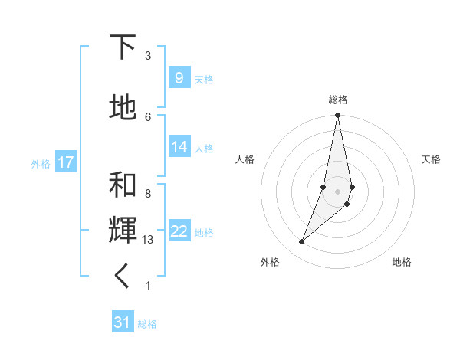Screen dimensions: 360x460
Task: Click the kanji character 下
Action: [123, 47]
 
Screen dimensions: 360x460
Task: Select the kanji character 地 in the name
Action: [123, 108]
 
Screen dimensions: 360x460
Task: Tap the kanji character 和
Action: [123, 185]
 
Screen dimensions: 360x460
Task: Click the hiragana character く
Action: [123, 277]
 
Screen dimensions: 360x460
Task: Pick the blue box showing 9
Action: [179, 78]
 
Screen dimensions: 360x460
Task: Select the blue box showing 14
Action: [179, 147]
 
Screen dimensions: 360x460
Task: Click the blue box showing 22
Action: [179, 231]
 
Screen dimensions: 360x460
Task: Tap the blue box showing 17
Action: [65, 162]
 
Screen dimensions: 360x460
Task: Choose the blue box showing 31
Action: [123, 322]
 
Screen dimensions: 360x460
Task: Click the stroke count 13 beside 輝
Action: [149, 240]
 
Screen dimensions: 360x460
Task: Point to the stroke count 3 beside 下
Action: [148, 56]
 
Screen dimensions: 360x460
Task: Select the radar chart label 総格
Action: [338, 100]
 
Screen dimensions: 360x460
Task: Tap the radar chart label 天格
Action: [431, 159]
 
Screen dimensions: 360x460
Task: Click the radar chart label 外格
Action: [270, 262]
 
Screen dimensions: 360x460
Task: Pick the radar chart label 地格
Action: [402, 262]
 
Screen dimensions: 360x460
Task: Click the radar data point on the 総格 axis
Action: [337, 116]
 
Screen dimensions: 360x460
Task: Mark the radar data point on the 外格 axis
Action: [302, 241]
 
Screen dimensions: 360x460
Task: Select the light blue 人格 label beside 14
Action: [204, 148]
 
